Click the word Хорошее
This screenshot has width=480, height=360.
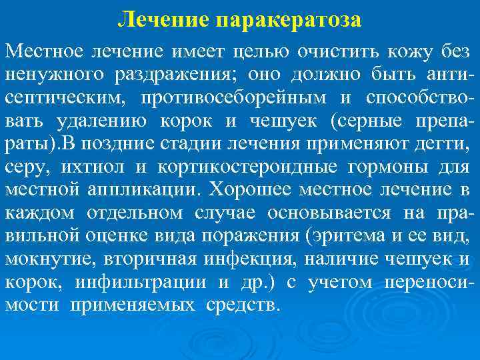(249, 189)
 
